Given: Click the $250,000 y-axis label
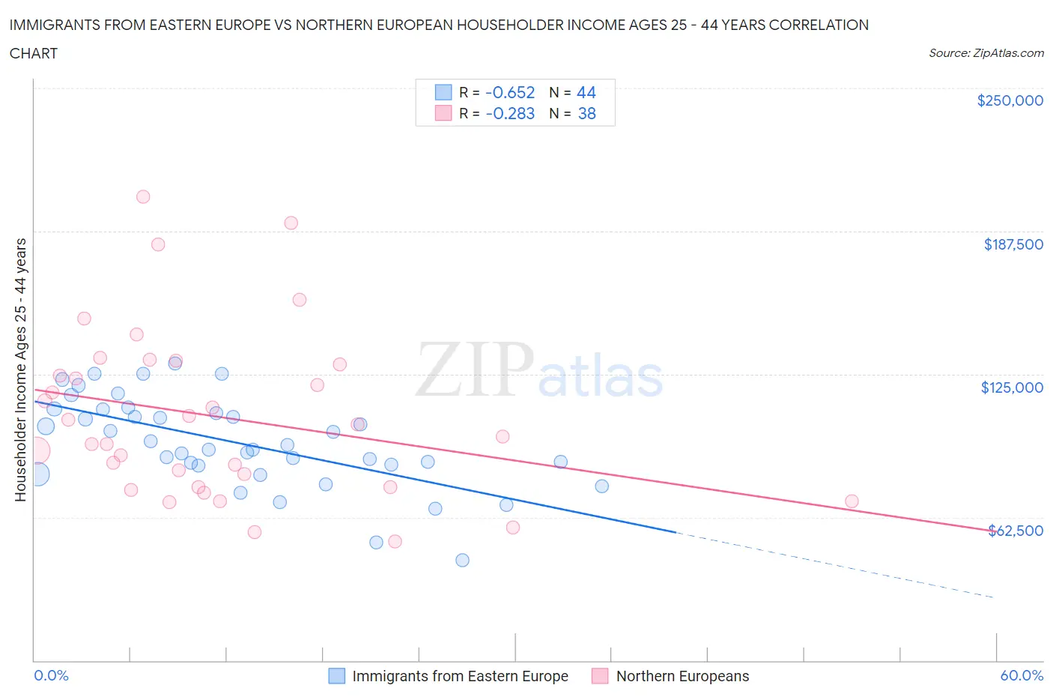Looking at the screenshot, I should (1010, 100).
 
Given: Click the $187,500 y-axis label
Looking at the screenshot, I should (1013, 244).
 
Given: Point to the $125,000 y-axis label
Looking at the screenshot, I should (1011, 387).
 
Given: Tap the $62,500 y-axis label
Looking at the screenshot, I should (1015, 531).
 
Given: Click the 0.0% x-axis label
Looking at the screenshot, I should (51, 675).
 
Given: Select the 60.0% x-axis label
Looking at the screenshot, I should (1022, 675).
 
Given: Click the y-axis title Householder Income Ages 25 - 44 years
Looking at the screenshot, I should (20, 369).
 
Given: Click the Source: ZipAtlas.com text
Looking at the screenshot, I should (986, 52).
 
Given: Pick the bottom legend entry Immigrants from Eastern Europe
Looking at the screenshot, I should (460, 676).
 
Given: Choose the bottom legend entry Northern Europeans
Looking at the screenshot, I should (682, 676).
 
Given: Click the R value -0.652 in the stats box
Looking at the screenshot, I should (510, 92).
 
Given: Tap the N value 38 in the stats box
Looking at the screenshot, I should (586, 113).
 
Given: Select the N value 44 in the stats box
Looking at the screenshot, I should (586, 92).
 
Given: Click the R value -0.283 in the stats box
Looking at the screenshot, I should (510, 113).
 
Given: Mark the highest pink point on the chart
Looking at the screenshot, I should (143, 196).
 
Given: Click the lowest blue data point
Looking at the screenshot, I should (462, 560).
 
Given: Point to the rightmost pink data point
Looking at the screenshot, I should (852, 501).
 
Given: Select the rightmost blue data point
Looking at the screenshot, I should (601, 486).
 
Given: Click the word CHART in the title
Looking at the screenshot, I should (34, 53).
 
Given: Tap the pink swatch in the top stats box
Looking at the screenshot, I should (443, 113).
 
